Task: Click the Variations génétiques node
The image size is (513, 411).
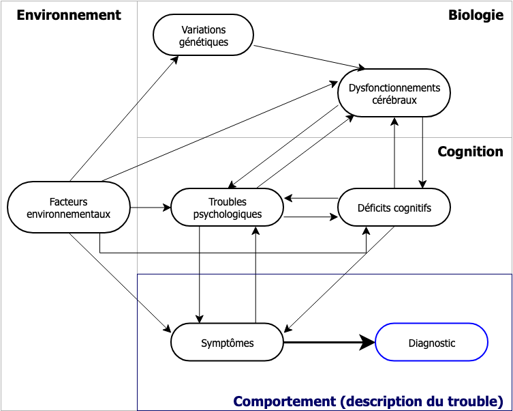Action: (203, 35)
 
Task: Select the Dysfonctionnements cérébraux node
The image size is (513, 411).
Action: (394, 93)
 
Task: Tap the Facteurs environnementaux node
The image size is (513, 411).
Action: (68, 208)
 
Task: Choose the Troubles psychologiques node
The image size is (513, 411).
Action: (227, 208)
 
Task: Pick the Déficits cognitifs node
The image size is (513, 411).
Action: (394, 208)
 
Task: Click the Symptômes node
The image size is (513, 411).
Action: (227, 343)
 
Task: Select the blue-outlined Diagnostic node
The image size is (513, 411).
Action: (431, 343)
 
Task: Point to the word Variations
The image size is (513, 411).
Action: (204, 29)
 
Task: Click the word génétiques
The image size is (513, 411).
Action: (204, 42)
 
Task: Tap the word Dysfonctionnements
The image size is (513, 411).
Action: (394, 87)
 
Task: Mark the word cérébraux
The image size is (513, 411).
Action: (394, 100)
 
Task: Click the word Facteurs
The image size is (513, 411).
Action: (68, 201)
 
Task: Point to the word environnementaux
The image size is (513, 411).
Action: (68, 214)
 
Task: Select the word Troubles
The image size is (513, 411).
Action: (228, 201)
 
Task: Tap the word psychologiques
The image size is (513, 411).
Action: (228, 214)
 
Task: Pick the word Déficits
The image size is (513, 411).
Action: (373, 208)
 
